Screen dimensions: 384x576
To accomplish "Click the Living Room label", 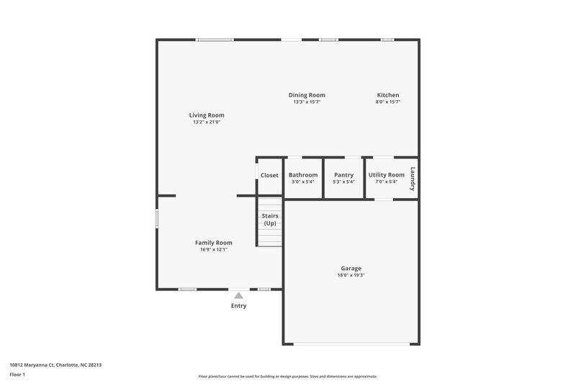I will point(207,115).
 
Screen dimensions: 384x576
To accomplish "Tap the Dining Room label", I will point(307,95).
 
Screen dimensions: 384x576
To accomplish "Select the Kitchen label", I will point(388,95).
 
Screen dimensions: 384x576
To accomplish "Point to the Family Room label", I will point(214,243).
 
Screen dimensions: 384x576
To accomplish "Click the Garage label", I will point(351,268).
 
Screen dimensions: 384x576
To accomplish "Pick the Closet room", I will point(269,175).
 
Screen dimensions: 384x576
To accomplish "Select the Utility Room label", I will point(387,175).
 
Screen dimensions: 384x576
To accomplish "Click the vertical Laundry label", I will point(413,178).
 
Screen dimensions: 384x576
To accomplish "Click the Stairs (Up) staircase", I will point(270,220).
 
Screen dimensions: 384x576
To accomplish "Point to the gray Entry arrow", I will point(238,295).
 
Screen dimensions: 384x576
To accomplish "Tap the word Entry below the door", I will point(238,305).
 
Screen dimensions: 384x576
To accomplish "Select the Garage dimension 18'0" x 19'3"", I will point(351,275).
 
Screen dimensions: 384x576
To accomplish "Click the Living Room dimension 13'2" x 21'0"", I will point(207,122).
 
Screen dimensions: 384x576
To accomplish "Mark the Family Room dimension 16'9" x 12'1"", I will point(214,250).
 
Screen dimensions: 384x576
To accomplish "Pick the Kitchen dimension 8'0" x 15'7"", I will point(388,102).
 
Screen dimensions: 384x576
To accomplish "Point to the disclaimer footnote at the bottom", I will point(288,376).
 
